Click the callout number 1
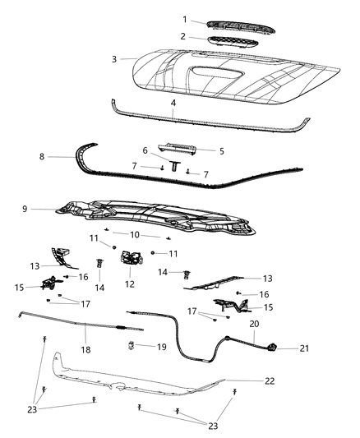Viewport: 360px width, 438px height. pos(185,20)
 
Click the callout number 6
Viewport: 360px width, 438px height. pos(145,151)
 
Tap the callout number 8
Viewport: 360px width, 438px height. pos(41,155)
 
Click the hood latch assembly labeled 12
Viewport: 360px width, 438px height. pos(131,261)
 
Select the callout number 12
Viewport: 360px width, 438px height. pos(129,284)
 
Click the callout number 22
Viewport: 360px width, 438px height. pos(270,380)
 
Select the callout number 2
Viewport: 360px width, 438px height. pos(185,37)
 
